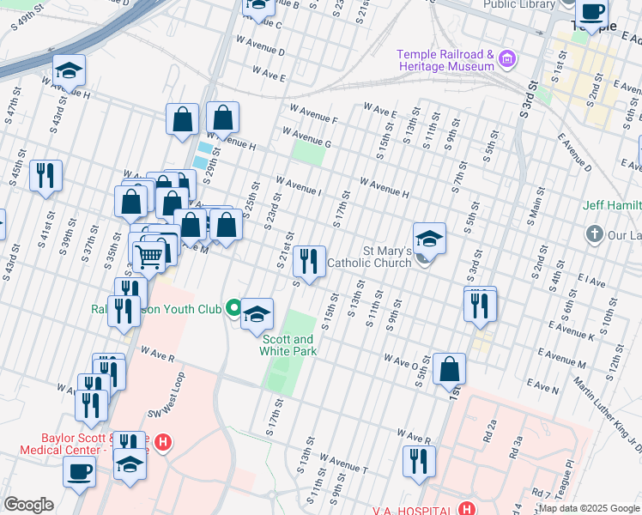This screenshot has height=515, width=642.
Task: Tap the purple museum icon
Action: [508, 60]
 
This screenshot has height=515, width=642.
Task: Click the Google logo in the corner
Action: [28, 505]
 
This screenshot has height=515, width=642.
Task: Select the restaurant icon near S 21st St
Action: [309, 261]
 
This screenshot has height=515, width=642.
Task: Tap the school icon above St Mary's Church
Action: [429, 238]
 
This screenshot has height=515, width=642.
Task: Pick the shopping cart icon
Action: [150, 254]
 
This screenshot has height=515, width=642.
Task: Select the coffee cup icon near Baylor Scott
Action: [80, 470]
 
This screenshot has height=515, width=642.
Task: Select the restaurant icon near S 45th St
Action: [45, 175]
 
